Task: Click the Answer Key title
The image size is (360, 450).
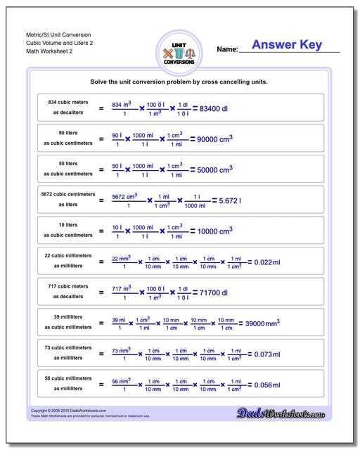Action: point(286,45)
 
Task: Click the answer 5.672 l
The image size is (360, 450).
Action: point(230,200)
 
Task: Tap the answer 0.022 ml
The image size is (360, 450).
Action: point(266,262)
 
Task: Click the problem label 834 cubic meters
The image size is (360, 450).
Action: point(68,103)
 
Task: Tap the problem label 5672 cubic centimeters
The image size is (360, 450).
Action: point(68,194)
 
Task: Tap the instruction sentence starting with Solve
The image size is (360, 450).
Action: point(179,82)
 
